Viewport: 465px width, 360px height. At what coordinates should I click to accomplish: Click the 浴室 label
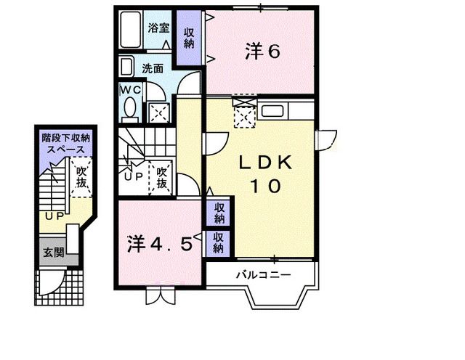coord(158,28)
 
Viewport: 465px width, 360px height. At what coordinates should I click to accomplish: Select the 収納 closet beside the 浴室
coord(189,38)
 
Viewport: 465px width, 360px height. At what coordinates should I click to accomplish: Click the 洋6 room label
coord(262,51)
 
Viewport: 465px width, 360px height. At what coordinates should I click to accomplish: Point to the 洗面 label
coord(153,70)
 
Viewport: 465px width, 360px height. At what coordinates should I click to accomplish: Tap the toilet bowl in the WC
coord(131,110)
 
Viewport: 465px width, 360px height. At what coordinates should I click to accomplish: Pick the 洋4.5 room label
coord(161,244)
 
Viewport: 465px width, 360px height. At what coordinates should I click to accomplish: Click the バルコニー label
coord(263,274)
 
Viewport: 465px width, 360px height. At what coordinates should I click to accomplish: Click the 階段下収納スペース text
coord(65,142)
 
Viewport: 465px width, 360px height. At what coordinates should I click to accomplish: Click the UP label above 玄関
coord(52,216)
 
